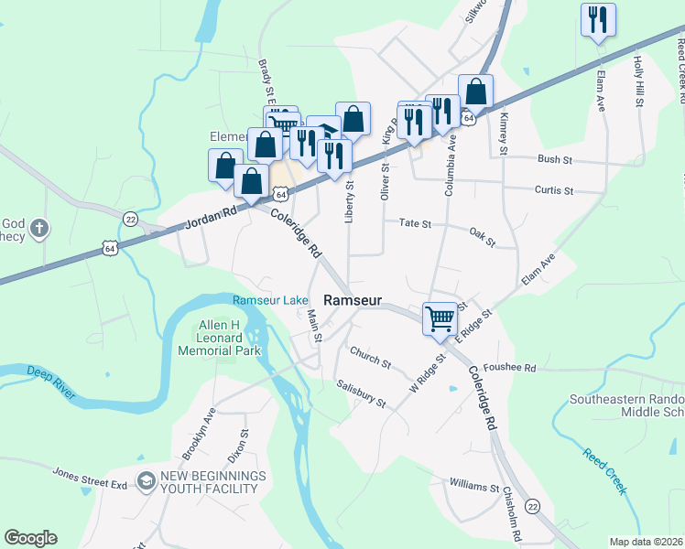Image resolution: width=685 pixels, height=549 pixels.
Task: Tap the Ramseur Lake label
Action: click(x=270, y=300)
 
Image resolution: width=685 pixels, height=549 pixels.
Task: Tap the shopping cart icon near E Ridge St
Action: click(x=440, y=318)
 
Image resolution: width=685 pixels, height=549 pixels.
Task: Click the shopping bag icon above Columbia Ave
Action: click(x=475, y=91)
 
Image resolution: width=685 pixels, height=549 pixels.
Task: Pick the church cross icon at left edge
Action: click(x=38, y=227)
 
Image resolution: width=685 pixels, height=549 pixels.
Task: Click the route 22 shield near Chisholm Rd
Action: click(x=532, y=506)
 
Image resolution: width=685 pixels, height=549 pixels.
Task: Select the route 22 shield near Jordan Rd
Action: click(x=131, y=219)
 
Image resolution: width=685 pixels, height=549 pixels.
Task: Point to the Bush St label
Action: click(x=555, y=159)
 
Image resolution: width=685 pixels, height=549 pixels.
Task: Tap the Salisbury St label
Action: click(x=360, y=393)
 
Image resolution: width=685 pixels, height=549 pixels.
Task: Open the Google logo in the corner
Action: click(x=30, y=538)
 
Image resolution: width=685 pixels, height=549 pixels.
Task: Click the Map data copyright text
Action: click(x=645, y=542)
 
